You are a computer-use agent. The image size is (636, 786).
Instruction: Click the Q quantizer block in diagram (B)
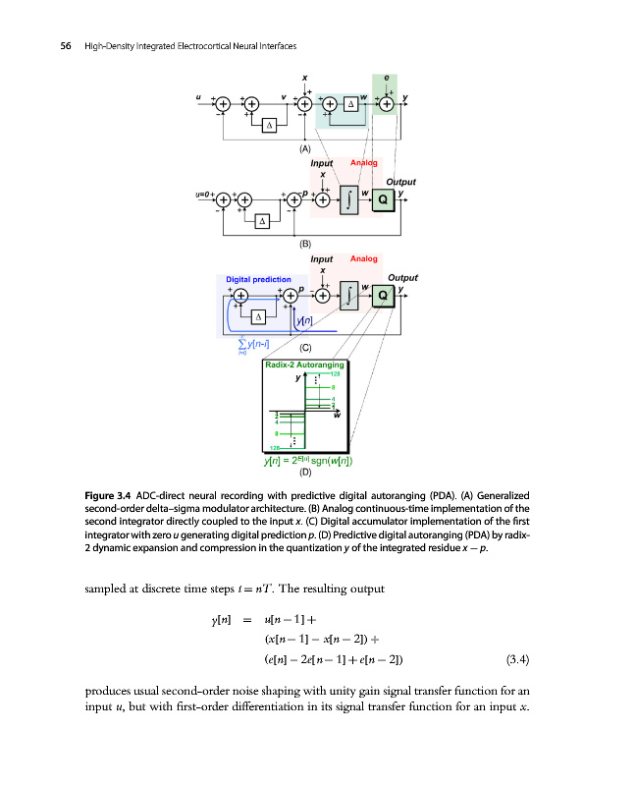coord(385,199)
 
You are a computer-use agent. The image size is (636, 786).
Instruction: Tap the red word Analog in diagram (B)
coord(364,162)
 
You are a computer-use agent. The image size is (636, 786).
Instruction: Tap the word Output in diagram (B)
coord(400,182)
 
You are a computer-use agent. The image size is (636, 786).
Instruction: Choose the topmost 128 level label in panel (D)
coord(336,374)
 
